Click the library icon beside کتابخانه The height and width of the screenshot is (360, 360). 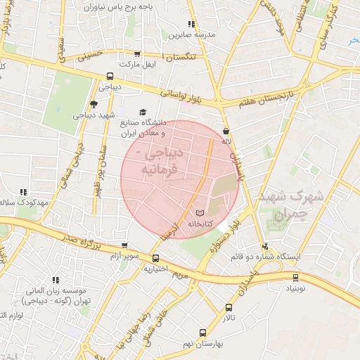(200, 212)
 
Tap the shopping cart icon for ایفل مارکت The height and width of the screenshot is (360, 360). (137, 53)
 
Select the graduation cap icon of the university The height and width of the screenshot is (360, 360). (143, 112)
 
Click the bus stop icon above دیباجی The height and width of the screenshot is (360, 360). (110, 77)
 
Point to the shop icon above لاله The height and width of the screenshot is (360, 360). (225, 131)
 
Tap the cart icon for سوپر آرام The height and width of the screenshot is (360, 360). (124, 246)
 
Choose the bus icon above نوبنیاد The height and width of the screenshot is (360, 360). (295, 277)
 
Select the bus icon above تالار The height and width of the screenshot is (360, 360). (229, 307)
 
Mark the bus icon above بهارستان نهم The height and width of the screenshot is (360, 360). (202, 331)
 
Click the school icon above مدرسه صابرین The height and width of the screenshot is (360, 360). (191, 24)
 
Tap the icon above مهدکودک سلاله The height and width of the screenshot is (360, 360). (23, 192)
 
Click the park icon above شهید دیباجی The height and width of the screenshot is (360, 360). (94, 104)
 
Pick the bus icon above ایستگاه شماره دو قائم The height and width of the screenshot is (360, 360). (264, 246)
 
